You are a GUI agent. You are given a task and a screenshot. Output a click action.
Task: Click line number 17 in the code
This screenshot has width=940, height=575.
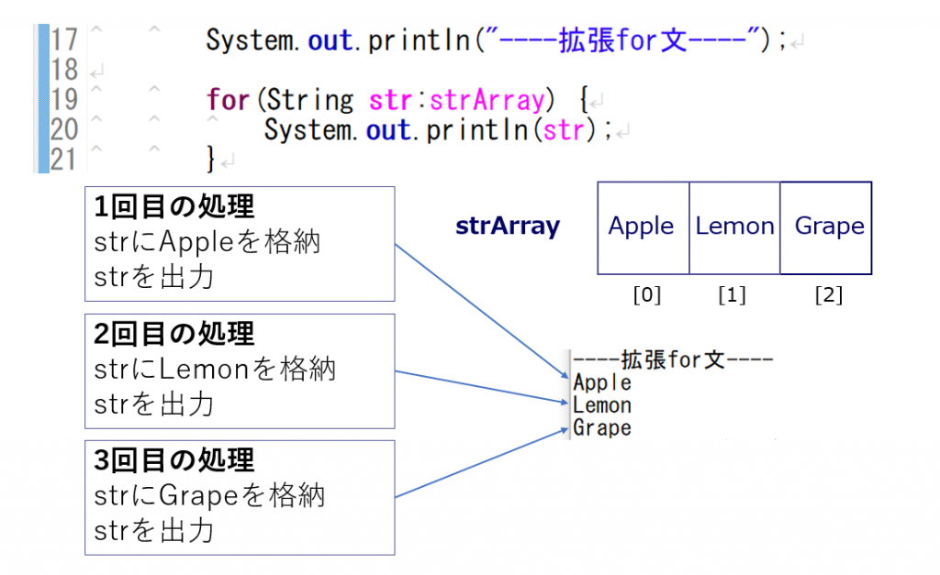[x=63, y=40]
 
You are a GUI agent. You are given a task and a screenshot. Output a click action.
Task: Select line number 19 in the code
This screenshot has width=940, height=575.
[x=63, y=100]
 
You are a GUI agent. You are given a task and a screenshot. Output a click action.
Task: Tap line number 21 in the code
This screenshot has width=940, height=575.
[x=63, y=160]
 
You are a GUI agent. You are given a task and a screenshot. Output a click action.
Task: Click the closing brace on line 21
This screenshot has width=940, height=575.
[x=211, y=160]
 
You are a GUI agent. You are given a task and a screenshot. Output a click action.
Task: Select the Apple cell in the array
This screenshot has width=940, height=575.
[x=642, y=227]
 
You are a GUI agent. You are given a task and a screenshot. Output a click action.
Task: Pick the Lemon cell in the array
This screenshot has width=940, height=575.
[x=734, y=227]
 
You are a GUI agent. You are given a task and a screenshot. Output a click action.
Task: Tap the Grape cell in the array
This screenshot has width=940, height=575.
[x=828, y=227]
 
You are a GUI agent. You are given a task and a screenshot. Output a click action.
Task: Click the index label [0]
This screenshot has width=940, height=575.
[x=646, y=295]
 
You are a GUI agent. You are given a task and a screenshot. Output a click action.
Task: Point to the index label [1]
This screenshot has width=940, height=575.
[x=732, y=295]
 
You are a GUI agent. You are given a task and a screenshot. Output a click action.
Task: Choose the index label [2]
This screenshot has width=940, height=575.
[x=828, y=295]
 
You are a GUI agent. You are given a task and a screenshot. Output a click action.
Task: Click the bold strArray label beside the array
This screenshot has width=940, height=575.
[x=508, y=227]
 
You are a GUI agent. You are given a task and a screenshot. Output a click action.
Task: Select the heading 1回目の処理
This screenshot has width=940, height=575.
[x=174, y=207]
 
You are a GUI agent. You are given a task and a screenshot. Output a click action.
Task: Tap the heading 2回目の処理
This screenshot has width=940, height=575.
[x=174, y=334]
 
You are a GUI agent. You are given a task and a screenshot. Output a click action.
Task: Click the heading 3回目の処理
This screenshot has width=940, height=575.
[x=174, y=460]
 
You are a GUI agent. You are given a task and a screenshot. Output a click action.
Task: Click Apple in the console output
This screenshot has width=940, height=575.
[x=602, y=382]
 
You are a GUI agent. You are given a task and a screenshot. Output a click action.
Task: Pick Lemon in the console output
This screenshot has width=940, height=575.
[x=602, y=405]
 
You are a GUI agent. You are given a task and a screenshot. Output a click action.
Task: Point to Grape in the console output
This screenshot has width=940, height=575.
[x=602, y=428]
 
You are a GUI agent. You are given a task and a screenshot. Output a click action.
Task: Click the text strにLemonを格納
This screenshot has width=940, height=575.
[x=215, y=370]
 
